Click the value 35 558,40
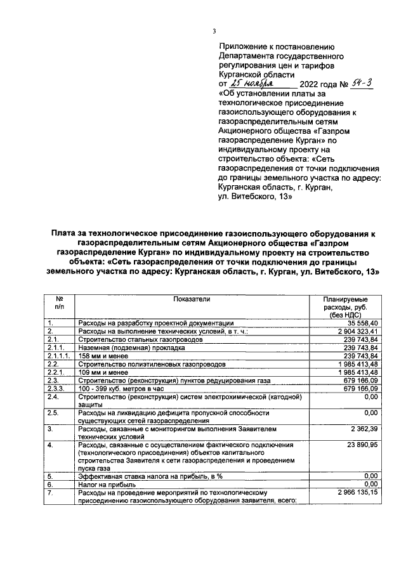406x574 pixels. [362, 323]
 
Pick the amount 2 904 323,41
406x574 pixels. [355, 331]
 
